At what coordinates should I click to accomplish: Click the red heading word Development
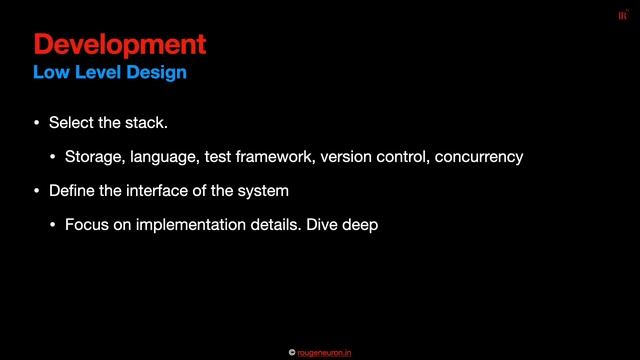click(x=120, y=44)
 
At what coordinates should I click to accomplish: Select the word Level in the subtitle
click(x=101, y=73)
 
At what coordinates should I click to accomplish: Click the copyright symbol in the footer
click(x=292, y=352)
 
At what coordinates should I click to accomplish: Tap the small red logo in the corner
click(x=622, y=14)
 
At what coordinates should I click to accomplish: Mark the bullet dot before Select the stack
click(x=37, y=124)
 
